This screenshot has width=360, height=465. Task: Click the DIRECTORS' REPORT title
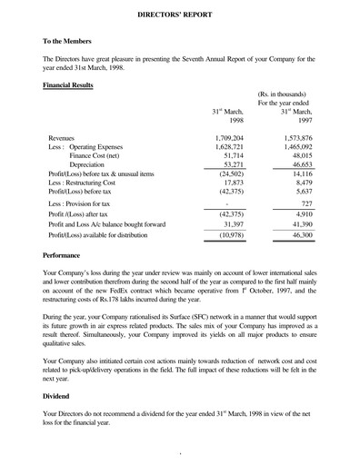click(x=180, y=15)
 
